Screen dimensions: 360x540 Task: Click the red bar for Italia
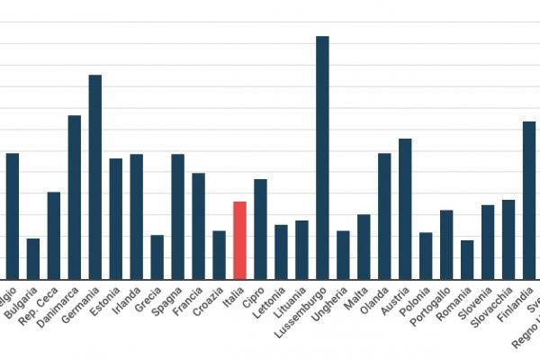coord(239,240)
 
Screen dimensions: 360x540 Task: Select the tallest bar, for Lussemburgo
coord(322,157)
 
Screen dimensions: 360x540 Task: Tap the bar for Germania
coord(94,176)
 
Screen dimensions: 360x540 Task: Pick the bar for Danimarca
coord(74,197)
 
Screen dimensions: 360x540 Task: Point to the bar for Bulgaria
coord(33,258)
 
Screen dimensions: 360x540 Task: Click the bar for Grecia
coord(157,256)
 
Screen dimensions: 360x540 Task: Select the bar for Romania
coord(467,259)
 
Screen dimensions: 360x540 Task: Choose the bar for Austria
coord(405,209)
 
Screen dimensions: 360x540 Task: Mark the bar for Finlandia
coord(529,200)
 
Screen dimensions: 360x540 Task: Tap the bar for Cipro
coord(260,229)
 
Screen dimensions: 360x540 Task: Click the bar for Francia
coord(198,226)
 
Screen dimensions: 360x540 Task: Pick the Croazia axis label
coord(208,301)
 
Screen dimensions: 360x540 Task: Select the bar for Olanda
coord(384,216)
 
